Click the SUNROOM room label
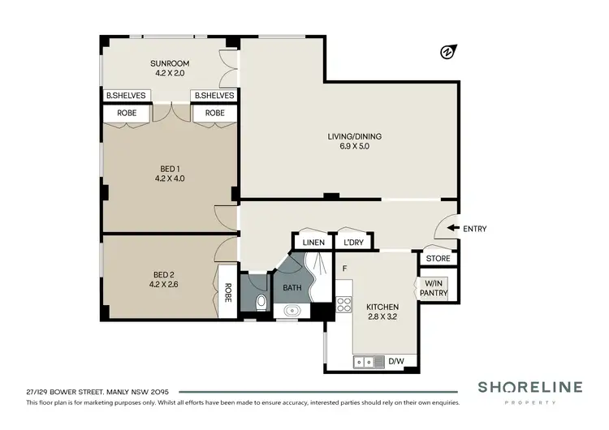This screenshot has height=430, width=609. tap(169, 63)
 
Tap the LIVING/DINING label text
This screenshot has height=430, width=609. tap(349, 136)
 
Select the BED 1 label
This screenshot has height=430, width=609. tap(169, 169)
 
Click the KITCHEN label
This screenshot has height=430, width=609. tap(382, 307)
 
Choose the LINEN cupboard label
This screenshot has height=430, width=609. tap(313, 243)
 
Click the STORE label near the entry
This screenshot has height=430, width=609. tap(438, 259)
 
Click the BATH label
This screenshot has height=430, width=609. tap(292, 288)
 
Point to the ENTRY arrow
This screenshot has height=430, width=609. tap(452, 229)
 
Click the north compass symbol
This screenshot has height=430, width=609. tap(446, 54)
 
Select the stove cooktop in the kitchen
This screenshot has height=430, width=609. tap(343, 305)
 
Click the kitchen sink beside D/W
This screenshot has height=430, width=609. tap(368, 361)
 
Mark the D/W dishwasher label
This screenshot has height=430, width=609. tap(398, 362)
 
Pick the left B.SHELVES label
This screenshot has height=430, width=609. tap(126, 96)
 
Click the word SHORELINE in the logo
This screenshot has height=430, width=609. tap(529, 387)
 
